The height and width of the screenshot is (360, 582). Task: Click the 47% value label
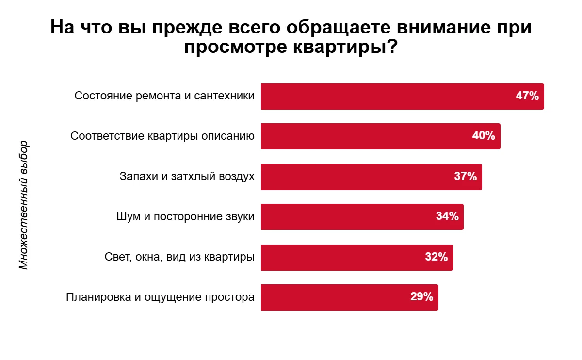(527, 96)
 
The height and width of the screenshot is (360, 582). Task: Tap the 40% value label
(484, 136)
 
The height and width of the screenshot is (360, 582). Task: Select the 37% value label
(466, 176)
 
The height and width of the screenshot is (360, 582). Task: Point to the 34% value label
(447, 216)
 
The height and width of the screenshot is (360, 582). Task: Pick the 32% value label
(436, 257)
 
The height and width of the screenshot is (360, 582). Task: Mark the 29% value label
(421, 297)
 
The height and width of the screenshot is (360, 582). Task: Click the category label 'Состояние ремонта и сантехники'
(164, 96)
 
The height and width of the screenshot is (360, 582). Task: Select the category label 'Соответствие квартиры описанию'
(162, 136)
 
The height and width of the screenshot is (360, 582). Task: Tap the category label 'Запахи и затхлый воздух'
(187, 176)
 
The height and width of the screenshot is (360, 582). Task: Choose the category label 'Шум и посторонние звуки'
(186, 216)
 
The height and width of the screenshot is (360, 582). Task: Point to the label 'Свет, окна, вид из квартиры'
(179, 257)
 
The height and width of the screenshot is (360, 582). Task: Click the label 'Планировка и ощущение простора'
(160, 297)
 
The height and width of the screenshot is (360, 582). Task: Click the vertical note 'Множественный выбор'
(24, 205)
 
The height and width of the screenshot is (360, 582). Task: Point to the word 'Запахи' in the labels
(137, 176)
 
